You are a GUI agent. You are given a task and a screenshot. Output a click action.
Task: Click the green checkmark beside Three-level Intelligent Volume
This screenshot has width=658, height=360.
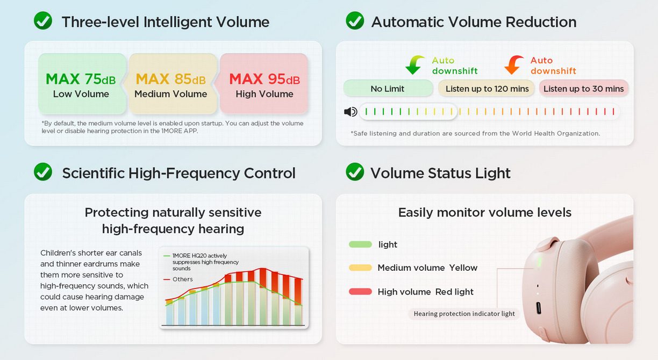[x=43, y=20]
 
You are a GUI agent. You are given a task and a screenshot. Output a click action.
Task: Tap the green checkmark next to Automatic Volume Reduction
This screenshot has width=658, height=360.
[x=355, y=20]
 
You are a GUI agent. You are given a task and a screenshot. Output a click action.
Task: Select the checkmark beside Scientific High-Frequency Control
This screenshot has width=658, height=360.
[x=43, y=172]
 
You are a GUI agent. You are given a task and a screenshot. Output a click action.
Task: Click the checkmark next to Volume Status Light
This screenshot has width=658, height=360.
[x=355, y=172]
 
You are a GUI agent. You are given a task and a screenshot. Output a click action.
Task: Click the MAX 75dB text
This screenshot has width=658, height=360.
[x=81, y=79]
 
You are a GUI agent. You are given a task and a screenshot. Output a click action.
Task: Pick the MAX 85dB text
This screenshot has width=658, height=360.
[x=170, y=79]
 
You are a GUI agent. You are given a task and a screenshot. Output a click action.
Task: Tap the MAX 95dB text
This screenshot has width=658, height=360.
[x=264, y=79]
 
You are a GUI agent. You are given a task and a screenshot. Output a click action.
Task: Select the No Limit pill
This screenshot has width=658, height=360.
[x=388, y=88]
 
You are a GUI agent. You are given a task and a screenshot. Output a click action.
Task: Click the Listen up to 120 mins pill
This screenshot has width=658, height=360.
[x=487, y=88]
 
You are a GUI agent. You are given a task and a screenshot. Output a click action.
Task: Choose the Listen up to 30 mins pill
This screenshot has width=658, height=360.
[x=583, y=88]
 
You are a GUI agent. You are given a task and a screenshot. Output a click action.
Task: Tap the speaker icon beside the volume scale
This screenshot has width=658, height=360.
[x=351, y=112]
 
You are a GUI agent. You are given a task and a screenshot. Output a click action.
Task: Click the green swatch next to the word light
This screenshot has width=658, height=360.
[x=360, y=244]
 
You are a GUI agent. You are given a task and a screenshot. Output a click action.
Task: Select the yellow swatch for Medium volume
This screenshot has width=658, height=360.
[x=360, y=268]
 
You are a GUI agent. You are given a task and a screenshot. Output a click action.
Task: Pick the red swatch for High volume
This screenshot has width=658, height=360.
[x=360, y=292]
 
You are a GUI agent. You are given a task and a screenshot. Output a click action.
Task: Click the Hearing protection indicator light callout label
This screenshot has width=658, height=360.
[x=464, y=314]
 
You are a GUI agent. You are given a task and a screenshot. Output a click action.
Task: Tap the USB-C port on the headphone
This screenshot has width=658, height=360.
[x=538, y=308]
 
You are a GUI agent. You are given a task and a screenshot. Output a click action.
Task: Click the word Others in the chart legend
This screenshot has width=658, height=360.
[x=182, y=279]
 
